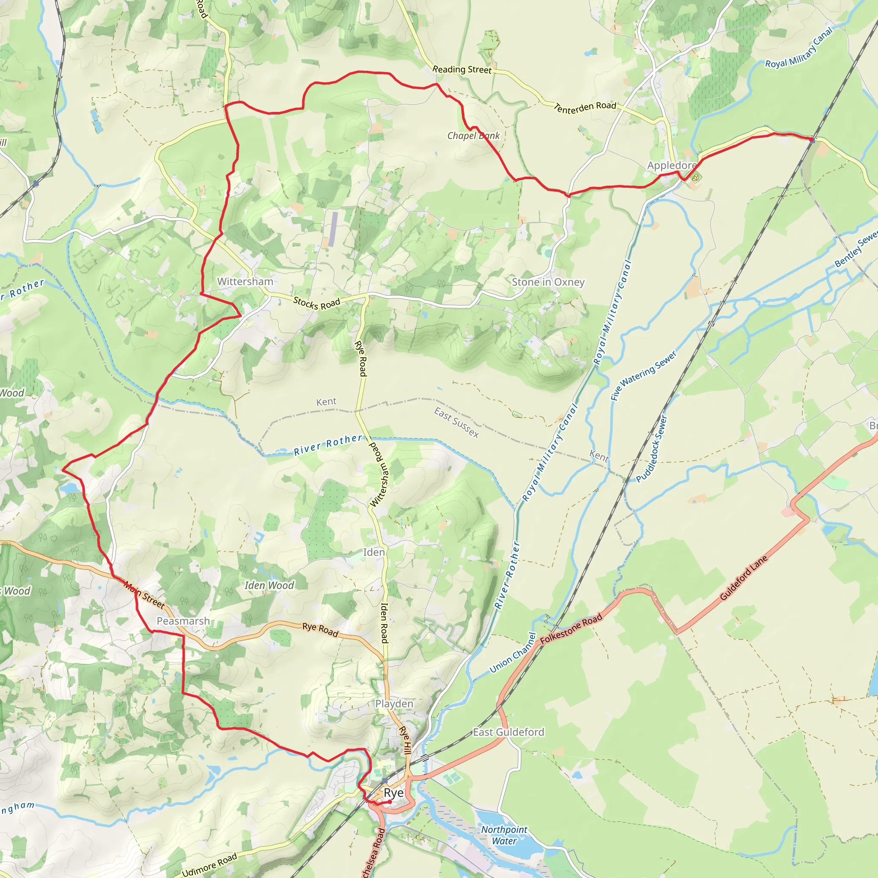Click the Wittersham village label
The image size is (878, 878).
click(x=245, y=282)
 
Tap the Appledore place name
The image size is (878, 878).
click(x=672, y=165)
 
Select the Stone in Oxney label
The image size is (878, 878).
click(x=548, y=282)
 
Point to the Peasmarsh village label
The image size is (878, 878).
click(x=183, y=621)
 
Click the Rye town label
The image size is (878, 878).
click(x=394, y=793)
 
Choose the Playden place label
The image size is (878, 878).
click(x=394, y=704)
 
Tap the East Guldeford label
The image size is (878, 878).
click(x=508, y=732)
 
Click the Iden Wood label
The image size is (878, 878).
click(x=269, y=585)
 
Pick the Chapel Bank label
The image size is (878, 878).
click(x=473, y=135)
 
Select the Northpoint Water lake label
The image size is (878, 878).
click(x=504, y=835)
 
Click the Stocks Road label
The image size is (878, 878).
click(x=316, y=303)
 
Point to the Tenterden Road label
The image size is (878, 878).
click(x=585, y=107)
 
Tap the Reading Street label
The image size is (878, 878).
click(x=462, y=69)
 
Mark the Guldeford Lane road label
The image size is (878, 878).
click(x=744, y=577)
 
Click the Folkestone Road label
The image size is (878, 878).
click(x=571, y=628)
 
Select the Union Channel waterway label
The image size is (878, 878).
click(x=513, y=652)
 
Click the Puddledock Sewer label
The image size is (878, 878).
click(x=651, y=449)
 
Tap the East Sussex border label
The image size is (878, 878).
click(x=456, y=422)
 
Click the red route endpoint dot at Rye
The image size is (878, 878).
click(x=389, y=802)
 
